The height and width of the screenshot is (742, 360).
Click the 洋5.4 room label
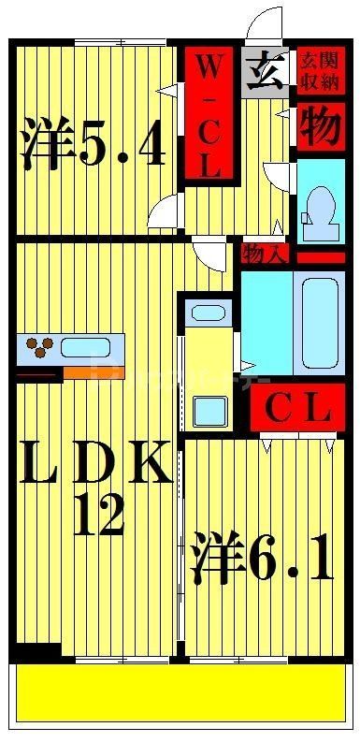pyautogui.click(x=94, y=143)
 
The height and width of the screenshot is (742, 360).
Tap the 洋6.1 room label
pyautogui.click(x=261, y=557)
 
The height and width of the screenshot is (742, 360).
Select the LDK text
pyautogui.click(x=96, y=462)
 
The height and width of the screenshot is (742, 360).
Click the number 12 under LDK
pyautogui.click(x=98, y=515)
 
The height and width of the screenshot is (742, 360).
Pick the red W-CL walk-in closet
pyautogui.click(x=209, y=112)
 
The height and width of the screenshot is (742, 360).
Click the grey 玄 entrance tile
pyautogui.click(x=266, y=73)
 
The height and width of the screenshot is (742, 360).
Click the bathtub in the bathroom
pyautogui.click(x=320, y=323)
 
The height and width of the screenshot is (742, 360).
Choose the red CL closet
pyautogui.click(x=297, y=408)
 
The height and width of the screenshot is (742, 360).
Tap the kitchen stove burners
pyautogui.click(x=38, y=347)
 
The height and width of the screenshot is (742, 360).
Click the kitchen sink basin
pyautogui.click(x=85, y=348)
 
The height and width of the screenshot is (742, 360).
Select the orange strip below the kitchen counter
pyautogui.click(x=94, y=373)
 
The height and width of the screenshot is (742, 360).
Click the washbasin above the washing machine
pyautogui.click(x=208, y=313)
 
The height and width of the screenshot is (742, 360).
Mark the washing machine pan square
pyautogui.click(x=210, y=411)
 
